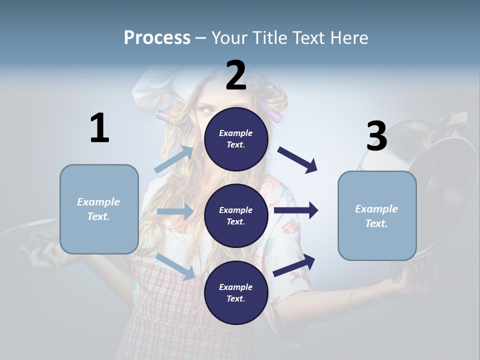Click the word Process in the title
(157, 37)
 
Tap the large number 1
(99, 128)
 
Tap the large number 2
(236, 75)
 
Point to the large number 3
(376, 136)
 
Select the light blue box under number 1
(99, 209)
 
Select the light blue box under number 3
(377, 215)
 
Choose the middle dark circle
(236, 215)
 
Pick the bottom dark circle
(236, 292)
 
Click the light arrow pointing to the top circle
(174, 159)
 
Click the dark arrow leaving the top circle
(298, 160)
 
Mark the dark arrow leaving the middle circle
(296, 210)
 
